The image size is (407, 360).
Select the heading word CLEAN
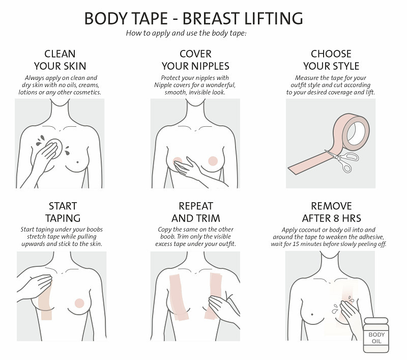click(x=60, y=54)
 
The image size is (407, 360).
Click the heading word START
click(x=63, y=206)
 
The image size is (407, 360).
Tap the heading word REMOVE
click(x=332, y=206)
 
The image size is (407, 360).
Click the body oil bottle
click(x=376, y=335)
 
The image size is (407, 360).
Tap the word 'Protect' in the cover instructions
click(x=170, y=78)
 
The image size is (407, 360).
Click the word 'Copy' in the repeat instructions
click(x=164, y=230)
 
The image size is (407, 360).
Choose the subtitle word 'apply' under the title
click(x=161, y=34)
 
